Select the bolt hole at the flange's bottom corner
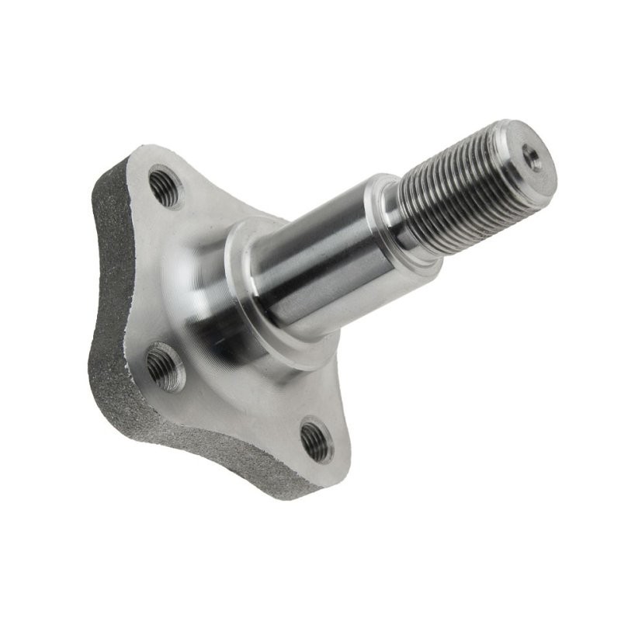pos(317,440)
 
